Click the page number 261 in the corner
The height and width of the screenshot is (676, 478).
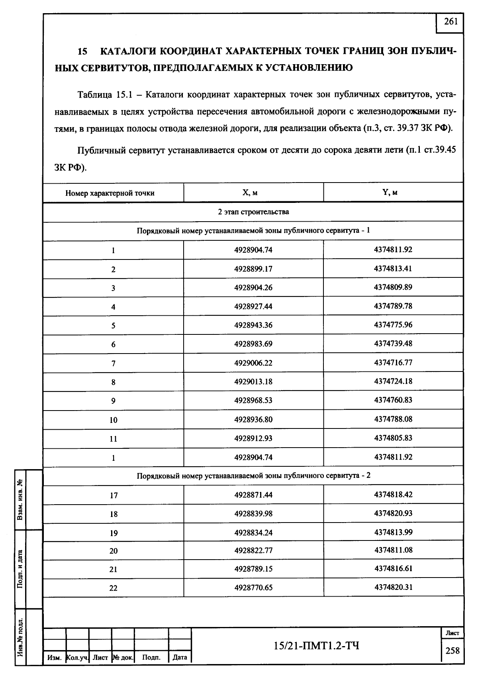[x=451, y=22]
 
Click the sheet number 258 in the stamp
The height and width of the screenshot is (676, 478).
[x=452, y=651]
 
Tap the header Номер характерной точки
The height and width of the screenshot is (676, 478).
[x=110, y=193]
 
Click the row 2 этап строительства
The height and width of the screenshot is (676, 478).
[x=253, y=212]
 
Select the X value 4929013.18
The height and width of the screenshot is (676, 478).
[x=253, y=381]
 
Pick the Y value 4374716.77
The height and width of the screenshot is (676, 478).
[x=393, y=362]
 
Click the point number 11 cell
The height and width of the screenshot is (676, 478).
[x=114, y=439]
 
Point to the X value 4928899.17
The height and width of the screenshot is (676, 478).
[x=253, y=269]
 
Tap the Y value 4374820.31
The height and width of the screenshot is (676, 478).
[x=393, y=587]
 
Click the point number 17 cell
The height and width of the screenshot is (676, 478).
[x=114, y=495]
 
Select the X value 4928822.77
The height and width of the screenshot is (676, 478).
[x=253, y=550]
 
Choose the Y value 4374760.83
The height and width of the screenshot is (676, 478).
[x=393, y=400]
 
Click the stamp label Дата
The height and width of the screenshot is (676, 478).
[x=180, y=657]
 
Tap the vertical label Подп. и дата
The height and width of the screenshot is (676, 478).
[x=20, y=568]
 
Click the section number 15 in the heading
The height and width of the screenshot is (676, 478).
[x=82, y=52]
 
